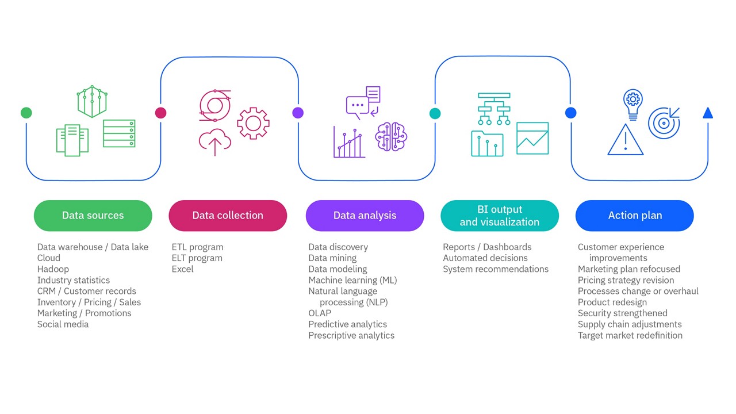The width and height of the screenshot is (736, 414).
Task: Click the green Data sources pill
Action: pos(93,216)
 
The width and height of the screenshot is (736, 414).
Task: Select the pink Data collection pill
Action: pos(228,216)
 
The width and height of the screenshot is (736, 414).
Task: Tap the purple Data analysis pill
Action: pos(365,216)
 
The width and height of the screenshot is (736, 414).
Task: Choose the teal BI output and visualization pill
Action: pos(499,216)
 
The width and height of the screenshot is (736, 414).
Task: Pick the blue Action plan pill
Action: pos(635,216)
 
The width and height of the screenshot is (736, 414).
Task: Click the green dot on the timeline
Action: pos(26,113)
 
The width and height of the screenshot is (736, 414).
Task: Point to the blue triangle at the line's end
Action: pos(708,113)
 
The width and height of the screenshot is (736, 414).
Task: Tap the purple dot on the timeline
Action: pos(298,113)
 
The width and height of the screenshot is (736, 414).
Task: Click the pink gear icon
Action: pos(253,123)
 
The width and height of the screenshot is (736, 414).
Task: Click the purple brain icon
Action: pos(391,137)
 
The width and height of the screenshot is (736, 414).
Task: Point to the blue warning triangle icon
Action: pos(625,140)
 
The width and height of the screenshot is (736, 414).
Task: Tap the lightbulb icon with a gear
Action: pos(632,103)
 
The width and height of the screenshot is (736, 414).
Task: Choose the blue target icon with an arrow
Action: pos(664,122)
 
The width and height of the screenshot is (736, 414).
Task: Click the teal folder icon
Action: pos(487,144)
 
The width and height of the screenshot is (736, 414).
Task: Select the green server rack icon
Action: pos(119,133)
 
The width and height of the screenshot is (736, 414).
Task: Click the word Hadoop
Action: pos(53,269)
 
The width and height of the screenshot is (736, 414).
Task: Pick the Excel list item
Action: pos(182,269)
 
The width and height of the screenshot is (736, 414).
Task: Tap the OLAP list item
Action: pos(320,313)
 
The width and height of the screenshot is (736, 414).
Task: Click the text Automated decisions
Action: pos(485,258)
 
